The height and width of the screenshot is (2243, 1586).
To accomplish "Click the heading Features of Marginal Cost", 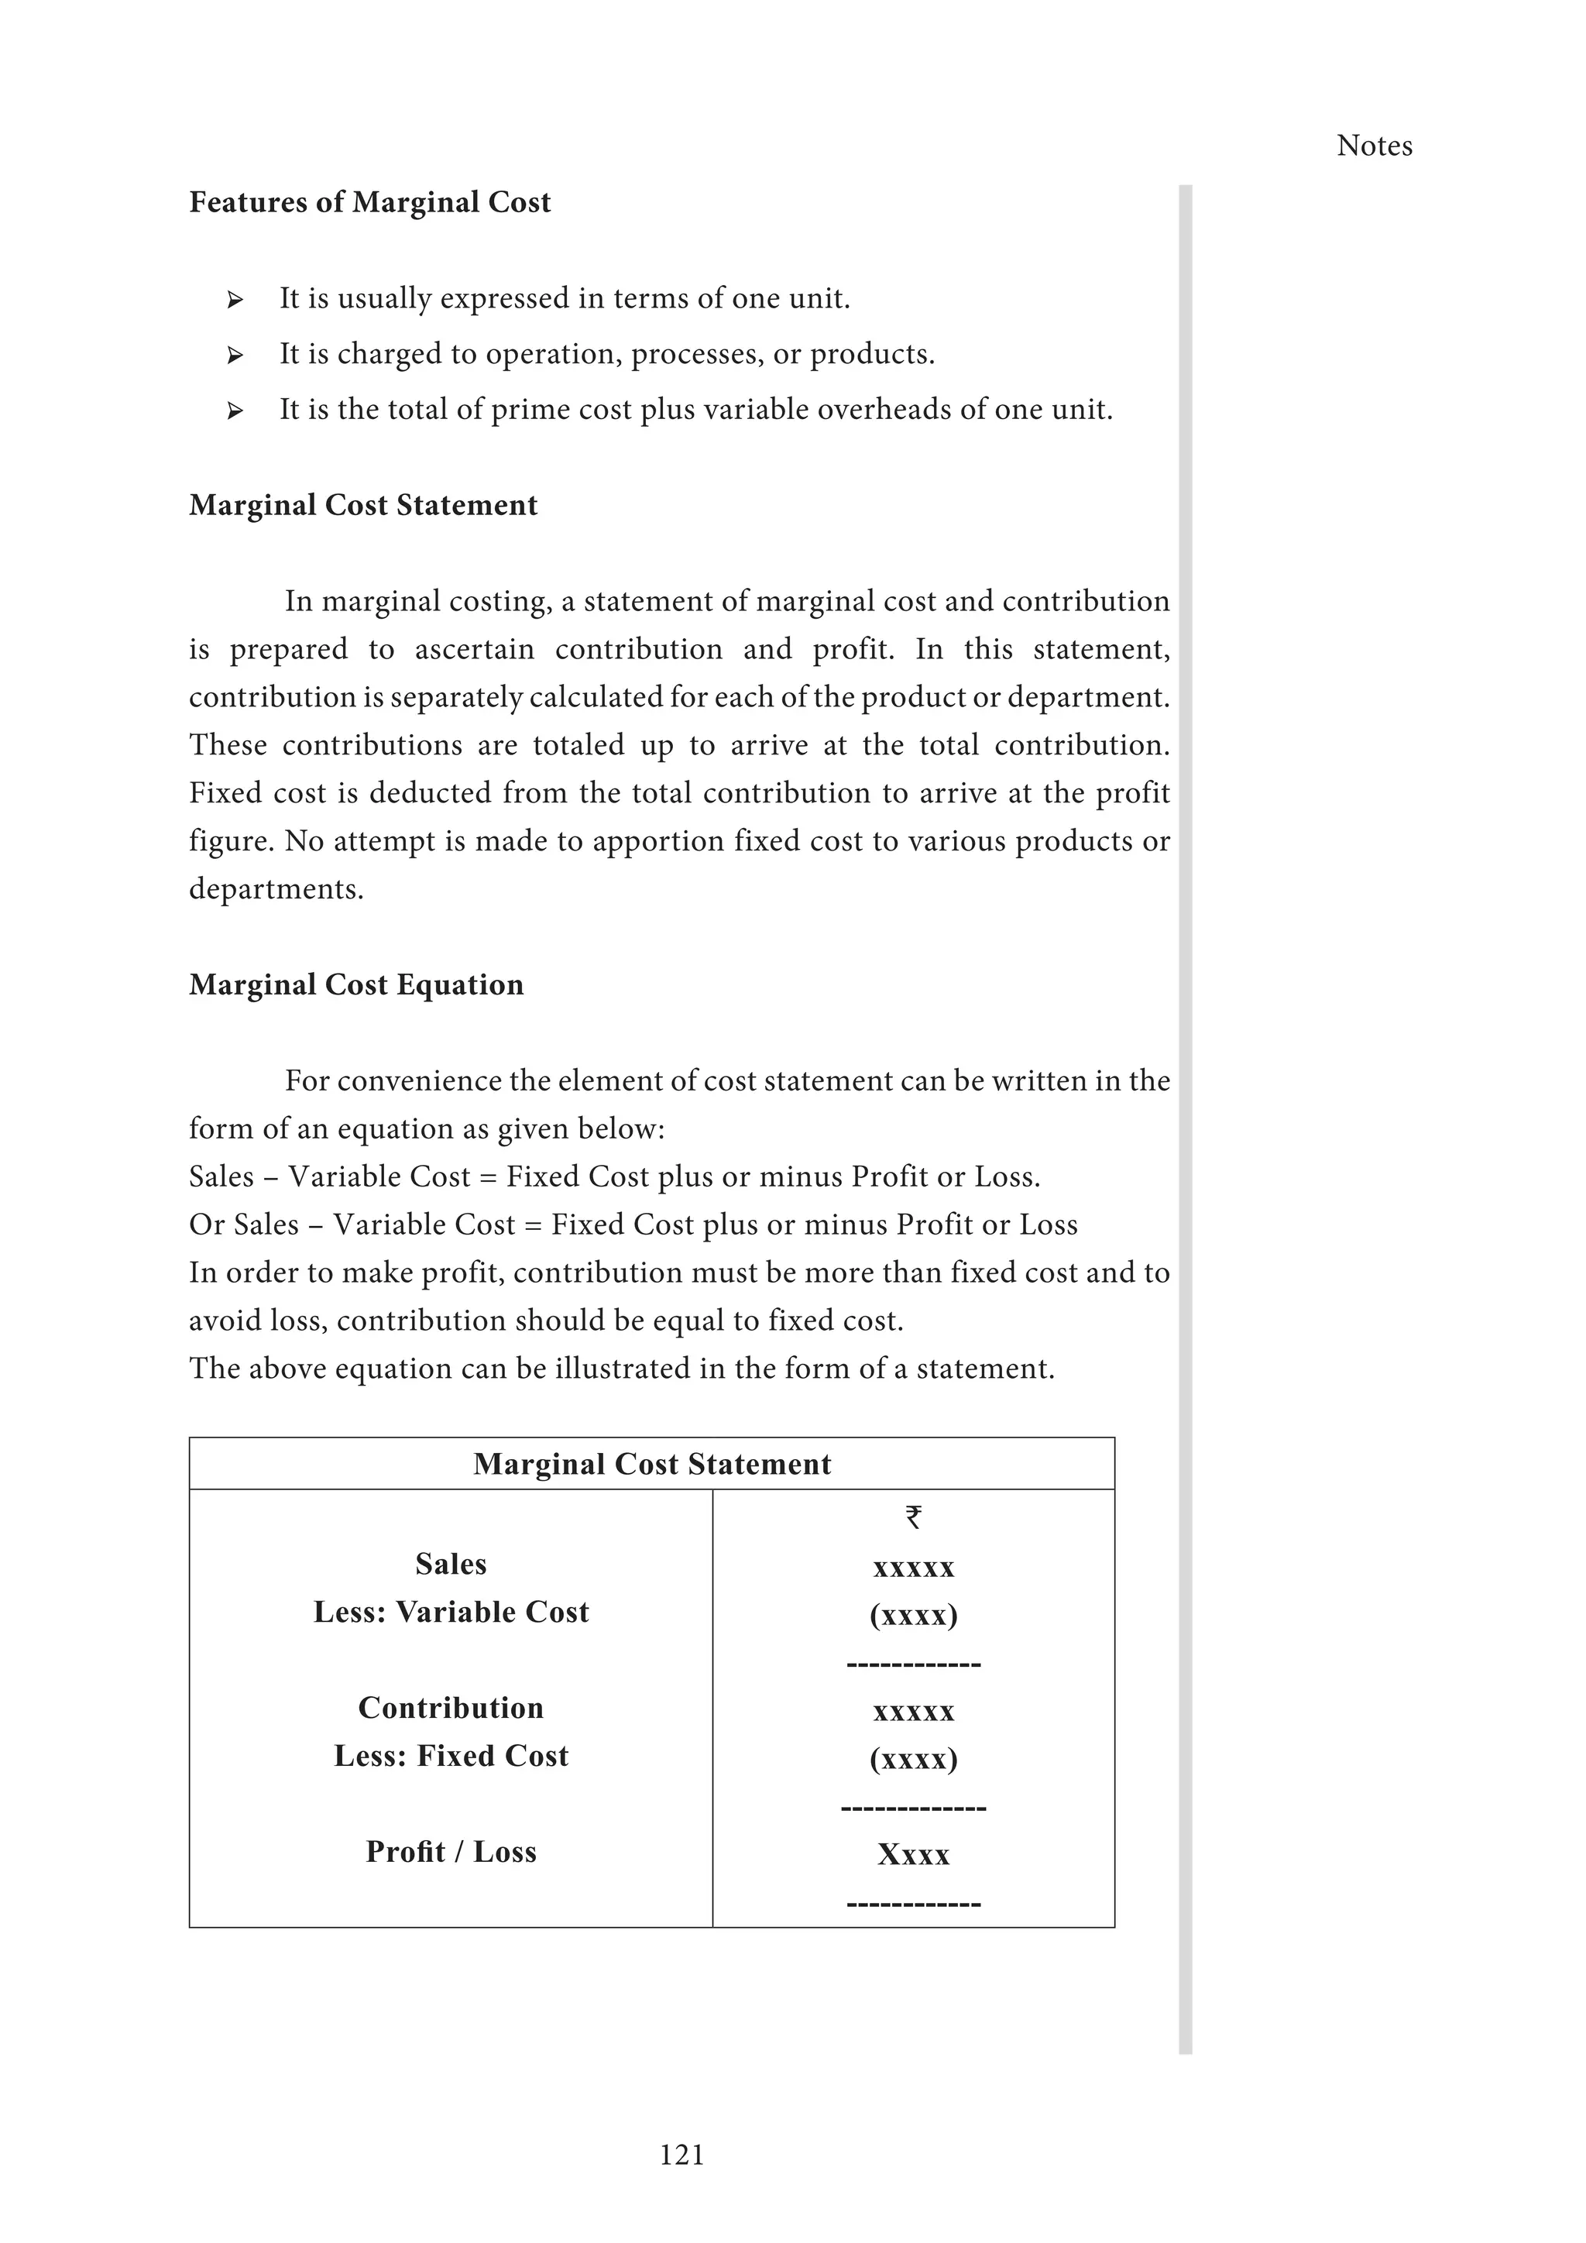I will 369,202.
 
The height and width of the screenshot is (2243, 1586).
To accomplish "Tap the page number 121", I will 681,2154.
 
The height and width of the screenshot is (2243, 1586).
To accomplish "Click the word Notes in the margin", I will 1374,146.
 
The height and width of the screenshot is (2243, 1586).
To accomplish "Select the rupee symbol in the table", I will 913,1517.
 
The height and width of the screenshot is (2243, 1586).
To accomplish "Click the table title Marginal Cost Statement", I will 651,1463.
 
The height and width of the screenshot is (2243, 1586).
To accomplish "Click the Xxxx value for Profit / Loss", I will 913,1854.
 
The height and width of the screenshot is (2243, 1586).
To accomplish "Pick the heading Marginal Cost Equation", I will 356,984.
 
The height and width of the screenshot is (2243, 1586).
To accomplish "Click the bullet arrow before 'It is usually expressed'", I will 235,300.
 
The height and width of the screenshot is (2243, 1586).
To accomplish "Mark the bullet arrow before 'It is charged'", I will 235,356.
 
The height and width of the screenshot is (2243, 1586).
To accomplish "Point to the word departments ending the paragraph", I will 276,890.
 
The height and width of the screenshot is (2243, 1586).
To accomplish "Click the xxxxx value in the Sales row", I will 913,1568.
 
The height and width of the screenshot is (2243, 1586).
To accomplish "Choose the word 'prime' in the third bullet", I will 523,409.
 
